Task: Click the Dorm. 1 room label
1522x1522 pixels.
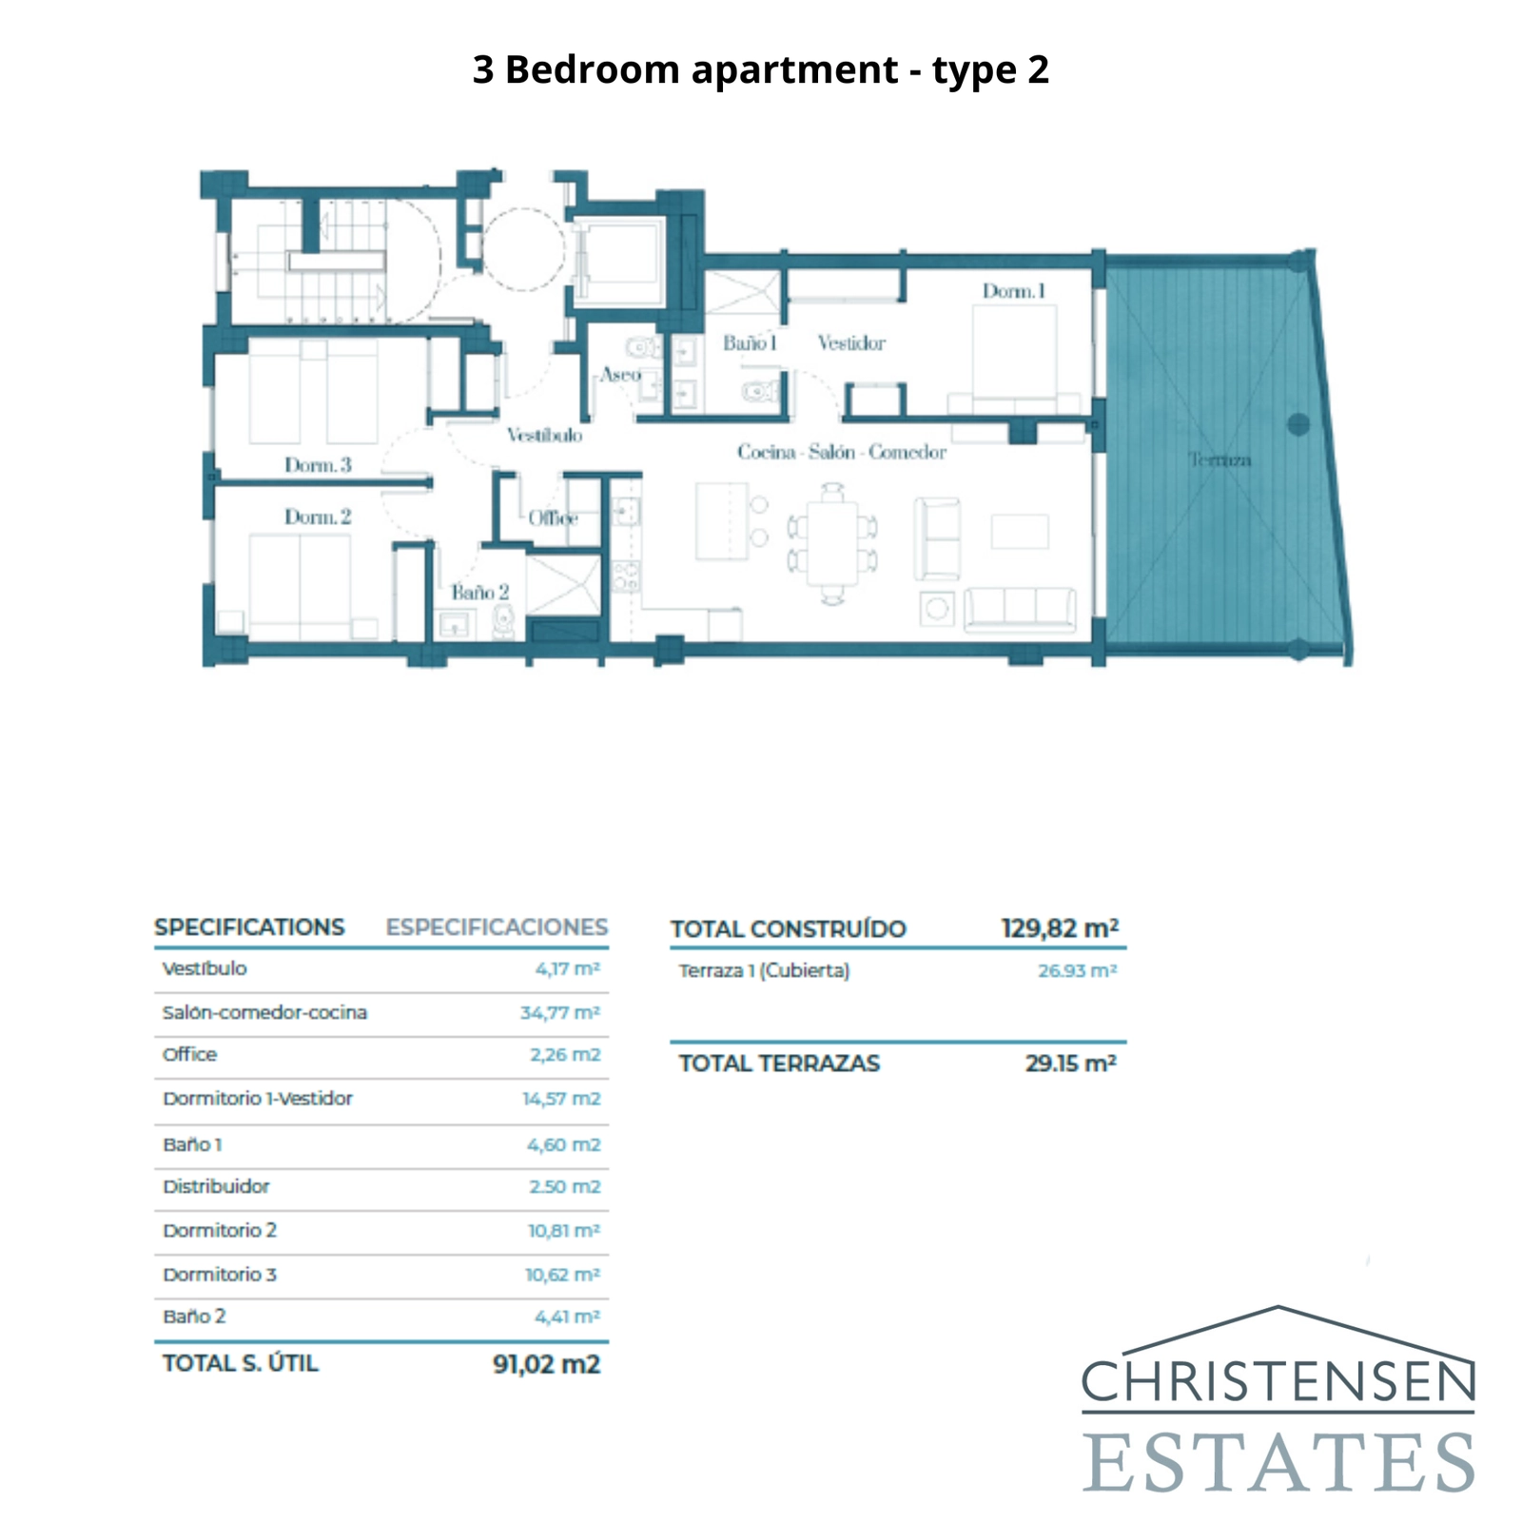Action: [x=1014, y=291]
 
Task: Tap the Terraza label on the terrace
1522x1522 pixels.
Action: [x=1219, y=460]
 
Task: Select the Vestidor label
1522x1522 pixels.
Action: [x=851, y=343]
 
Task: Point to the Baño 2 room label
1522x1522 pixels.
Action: [x=479, y=593]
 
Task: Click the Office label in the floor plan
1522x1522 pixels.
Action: [x=553, y=518]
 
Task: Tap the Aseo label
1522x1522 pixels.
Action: [x=620, y=375]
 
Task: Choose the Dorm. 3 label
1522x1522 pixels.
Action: [x=318, y=465]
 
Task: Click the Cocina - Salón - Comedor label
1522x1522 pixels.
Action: [x=842, y=453]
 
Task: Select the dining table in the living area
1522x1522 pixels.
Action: [x=832, y=542]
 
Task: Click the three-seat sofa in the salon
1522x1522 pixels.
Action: [x=1020, y=609]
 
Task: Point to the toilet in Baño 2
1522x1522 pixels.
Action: [x=503, y=622]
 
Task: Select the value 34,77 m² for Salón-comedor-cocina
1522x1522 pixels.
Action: [x=559, y=1013]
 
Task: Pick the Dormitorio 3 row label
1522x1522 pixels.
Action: [x=220, y=1275]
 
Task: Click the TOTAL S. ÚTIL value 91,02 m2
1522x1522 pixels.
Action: [x=546, y=1364]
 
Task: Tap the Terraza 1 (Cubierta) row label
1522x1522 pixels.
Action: [x=764, y=971]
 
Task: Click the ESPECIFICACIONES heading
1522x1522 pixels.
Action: [x=496, y=927]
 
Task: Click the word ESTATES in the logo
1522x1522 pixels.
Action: [x=1278, y=1462]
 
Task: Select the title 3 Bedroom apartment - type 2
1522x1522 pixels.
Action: [x=760, y=69]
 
